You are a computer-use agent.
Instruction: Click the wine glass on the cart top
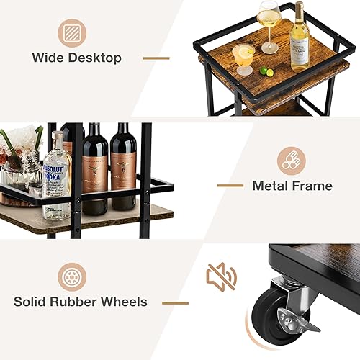click(269, 25)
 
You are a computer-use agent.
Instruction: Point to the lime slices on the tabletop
click(266, 71)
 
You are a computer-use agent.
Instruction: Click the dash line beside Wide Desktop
click(156, 58)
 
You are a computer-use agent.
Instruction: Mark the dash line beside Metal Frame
click(230, 186)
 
